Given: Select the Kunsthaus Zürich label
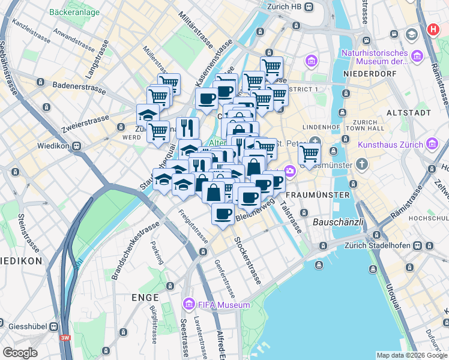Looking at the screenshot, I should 390,145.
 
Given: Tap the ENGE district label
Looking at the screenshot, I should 145,298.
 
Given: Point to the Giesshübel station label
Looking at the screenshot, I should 24,326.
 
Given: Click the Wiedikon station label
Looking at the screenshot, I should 55,145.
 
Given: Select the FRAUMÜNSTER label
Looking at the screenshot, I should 318,196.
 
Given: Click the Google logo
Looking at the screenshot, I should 20,352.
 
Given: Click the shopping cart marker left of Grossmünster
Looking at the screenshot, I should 309,154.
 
